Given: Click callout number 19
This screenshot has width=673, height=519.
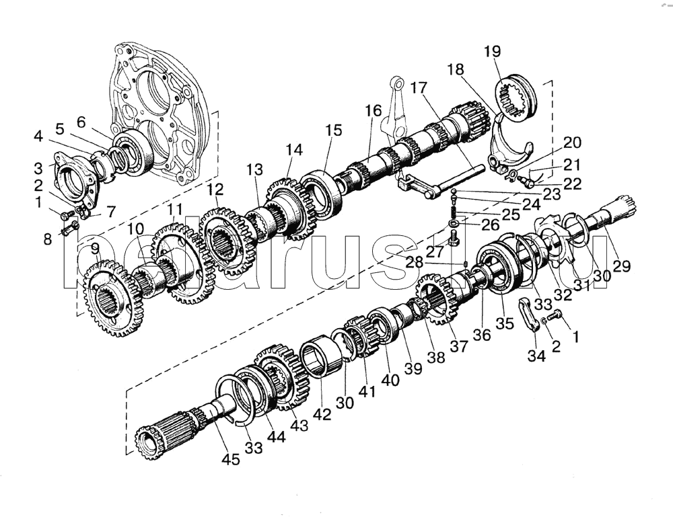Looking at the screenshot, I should [491, 50].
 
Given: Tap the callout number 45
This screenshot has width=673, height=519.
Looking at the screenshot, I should [232, 459].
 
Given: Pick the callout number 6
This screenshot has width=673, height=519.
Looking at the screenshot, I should [81, 122].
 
